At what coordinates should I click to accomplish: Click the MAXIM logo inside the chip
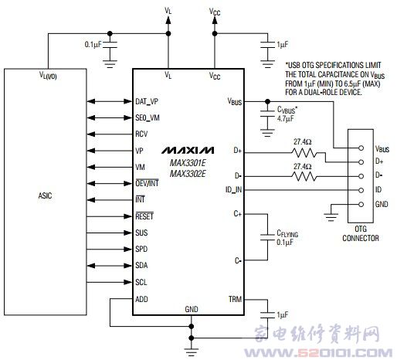[x=188, y=150]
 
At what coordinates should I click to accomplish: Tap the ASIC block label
[x=45, y=195]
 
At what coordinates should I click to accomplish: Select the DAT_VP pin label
[x=147, y=102]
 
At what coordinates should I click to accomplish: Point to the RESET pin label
[x=144, y=216]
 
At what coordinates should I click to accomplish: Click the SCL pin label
[x=141, y=282]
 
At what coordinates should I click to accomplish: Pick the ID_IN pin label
[x=233, y=190]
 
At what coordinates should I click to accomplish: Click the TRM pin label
[x=235, y=299]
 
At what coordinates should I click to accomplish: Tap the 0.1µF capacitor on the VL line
[x=110, y=45]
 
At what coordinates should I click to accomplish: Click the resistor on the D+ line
[x=304, y=153]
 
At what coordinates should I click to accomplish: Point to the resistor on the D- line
[x=304, y=176]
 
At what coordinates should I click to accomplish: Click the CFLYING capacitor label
[x=287, y=233]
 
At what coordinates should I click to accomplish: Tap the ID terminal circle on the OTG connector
[x=361, y=190]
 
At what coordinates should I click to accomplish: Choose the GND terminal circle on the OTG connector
[x=361, y=205]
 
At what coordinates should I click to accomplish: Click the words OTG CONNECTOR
[x=361, y=233]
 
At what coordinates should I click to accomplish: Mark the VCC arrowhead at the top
[x=215, y=20]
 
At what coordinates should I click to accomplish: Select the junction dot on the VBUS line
[x=267, y=101]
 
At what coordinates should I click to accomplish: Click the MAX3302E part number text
[x=188, y=174]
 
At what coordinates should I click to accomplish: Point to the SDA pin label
[x=141, y=266]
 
